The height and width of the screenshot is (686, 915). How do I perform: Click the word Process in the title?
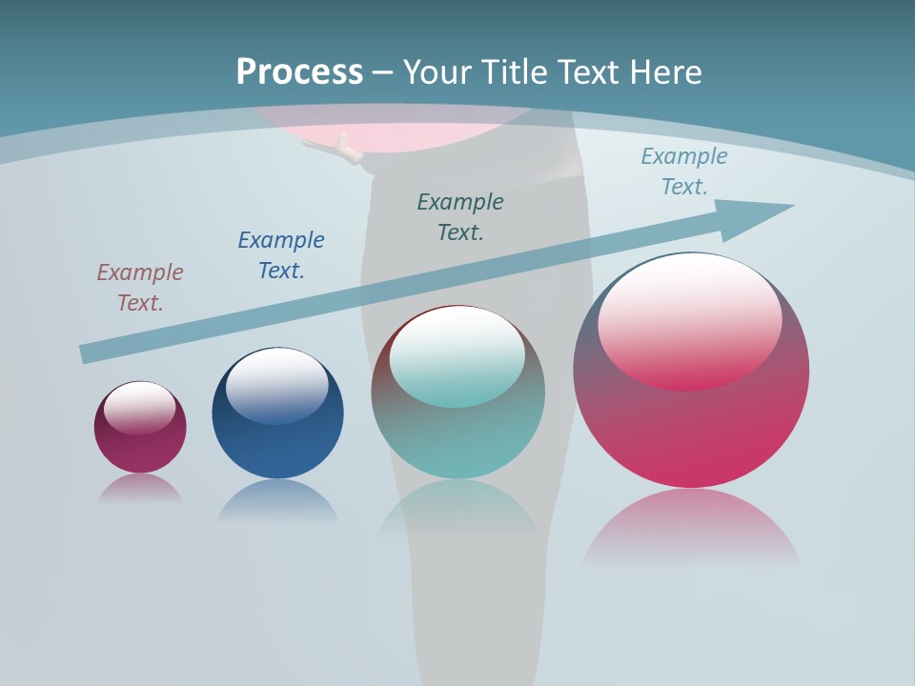[299, 72]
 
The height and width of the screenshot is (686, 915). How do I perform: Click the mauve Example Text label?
[140, 288]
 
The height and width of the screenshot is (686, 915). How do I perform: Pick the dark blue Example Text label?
[281, 255]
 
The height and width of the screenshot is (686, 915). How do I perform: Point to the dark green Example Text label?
[460, 217]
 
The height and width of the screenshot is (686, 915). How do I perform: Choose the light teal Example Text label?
[684, 171]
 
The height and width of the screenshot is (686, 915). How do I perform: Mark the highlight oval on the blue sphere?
[277, 385]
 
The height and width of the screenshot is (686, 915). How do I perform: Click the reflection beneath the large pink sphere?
[691, 529]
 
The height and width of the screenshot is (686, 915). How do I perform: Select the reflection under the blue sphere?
[277, 500]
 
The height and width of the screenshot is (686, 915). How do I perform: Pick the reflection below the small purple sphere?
[140, 489]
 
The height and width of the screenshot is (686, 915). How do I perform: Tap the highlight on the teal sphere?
[457, 355]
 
